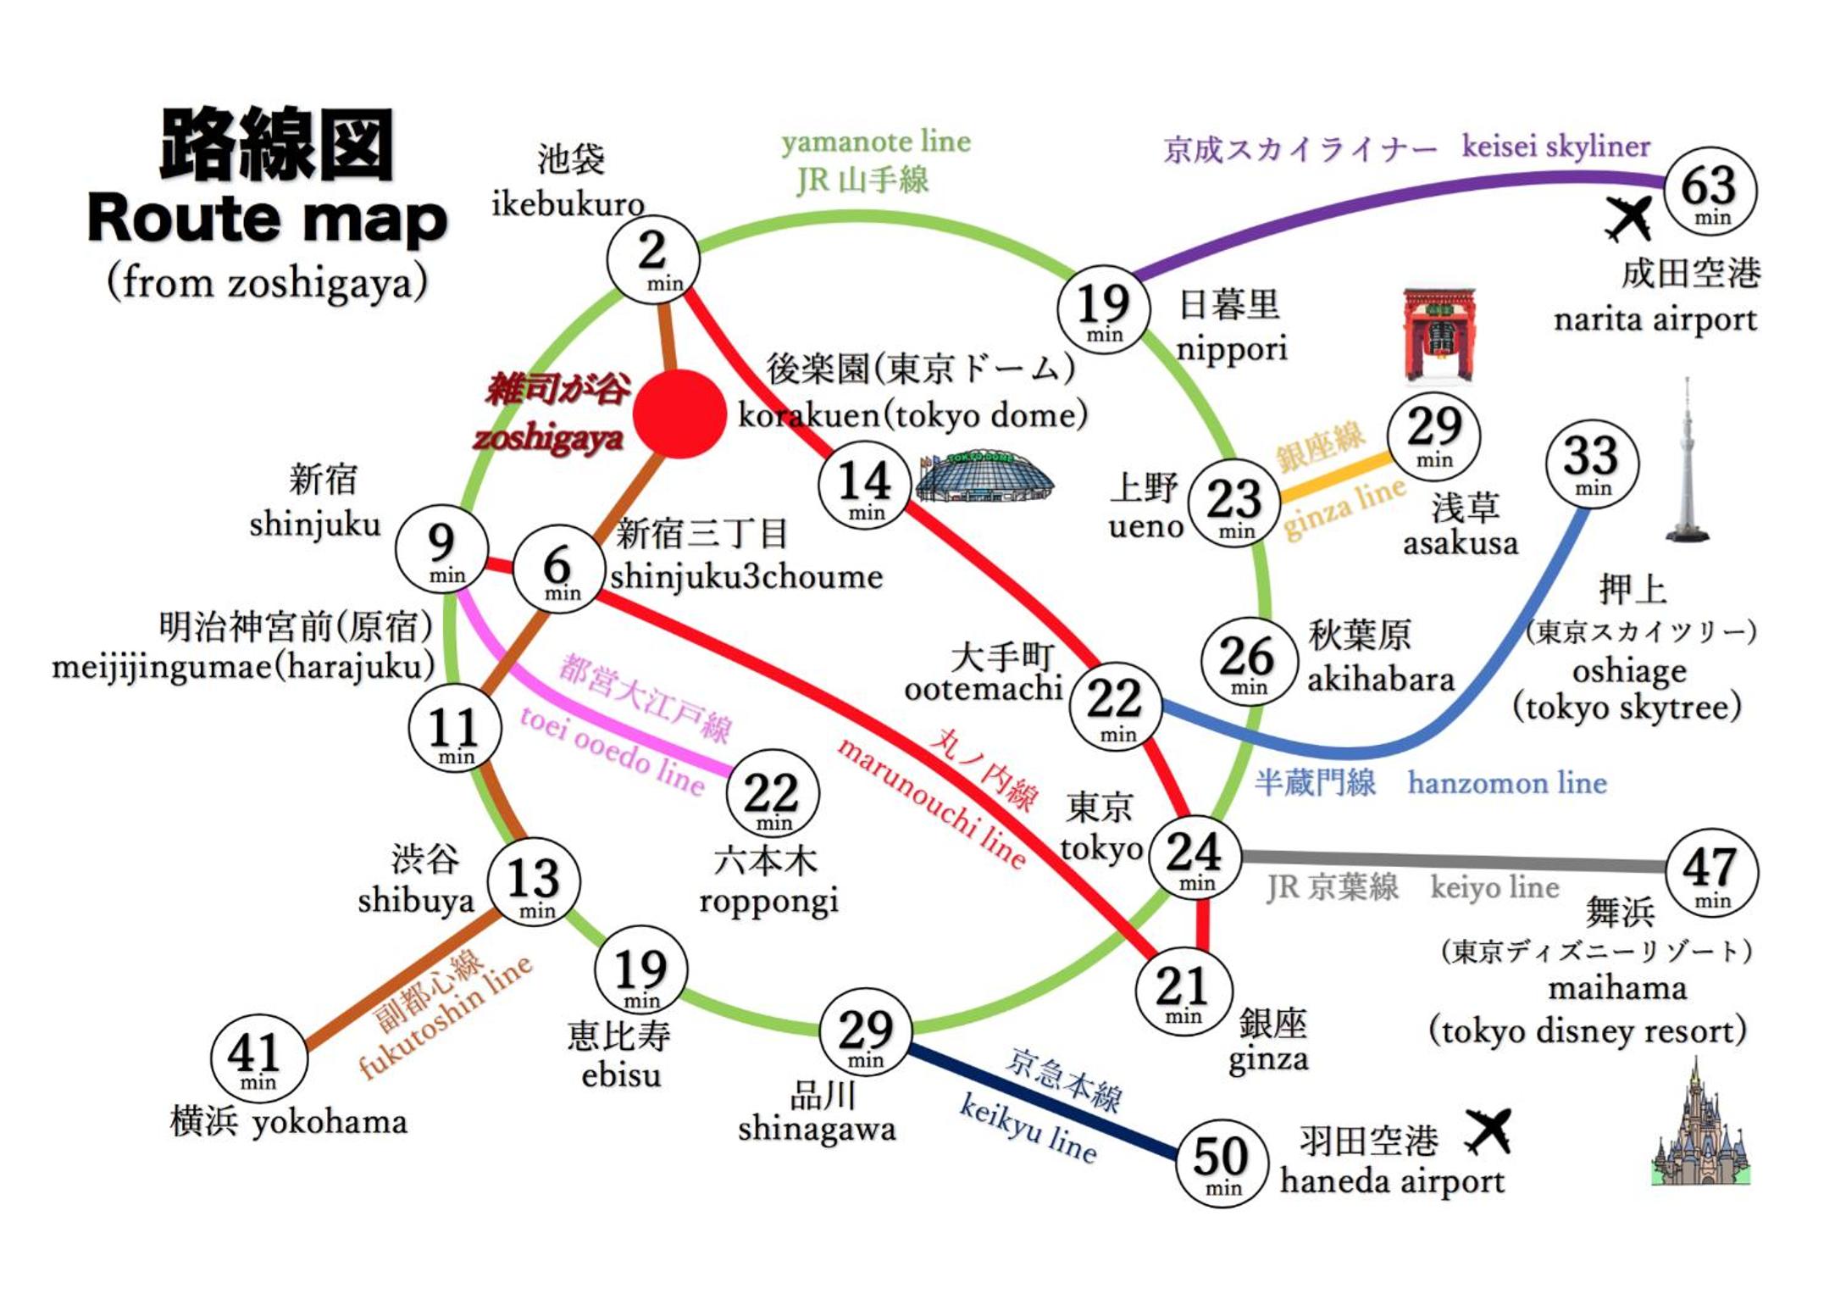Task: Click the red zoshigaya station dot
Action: point(679,414)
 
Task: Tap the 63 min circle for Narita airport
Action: point(1710,192)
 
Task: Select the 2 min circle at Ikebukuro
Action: point(653,258)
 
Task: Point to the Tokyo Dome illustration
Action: point(984,477)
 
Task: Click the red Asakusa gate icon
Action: point(1439,335)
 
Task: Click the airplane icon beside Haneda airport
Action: point(1489,1132)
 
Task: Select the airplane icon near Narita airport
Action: point(1628,219)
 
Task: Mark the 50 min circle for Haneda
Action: point(1222,1163)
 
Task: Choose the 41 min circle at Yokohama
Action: point(258,1058)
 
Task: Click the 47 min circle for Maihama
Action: point(1711,874)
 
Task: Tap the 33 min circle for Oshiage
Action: point(1592,464)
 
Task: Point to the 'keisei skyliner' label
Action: point(1556,147)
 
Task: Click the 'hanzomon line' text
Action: point(1507,782)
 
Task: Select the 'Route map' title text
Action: point(268,219)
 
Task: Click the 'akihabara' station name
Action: point(1381,680)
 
